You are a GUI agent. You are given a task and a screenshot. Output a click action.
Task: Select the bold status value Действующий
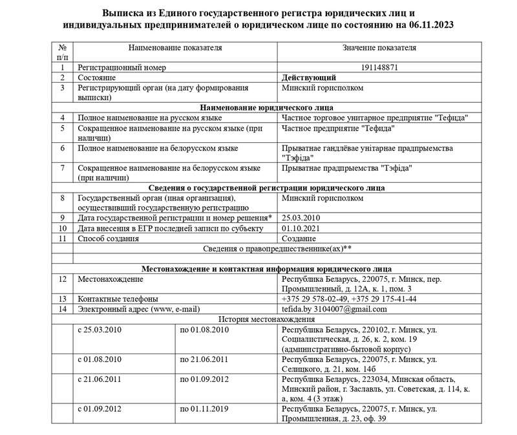(308, 77)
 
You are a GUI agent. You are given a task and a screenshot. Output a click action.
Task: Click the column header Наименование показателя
(175, 48)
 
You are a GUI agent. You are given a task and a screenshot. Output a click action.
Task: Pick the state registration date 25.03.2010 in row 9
(301, 218)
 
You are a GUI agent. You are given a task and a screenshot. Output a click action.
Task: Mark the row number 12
(62, 279)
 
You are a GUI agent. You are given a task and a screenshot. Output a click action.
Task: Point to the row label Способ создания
(108, 239)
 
